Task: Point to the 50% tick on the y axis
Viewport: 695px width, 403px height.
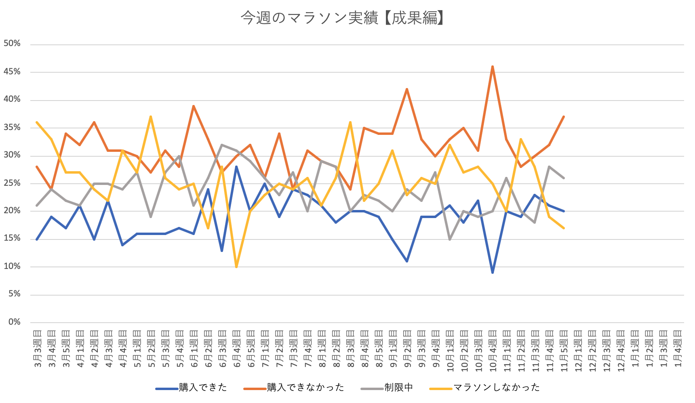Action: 12,44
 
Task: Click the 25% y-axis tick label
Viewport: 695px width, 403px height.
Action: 12,183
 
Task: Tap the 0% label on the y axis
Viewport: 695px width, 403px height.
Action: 15,322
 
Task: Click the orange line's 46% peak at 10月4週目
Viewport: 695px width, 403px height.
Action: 493,67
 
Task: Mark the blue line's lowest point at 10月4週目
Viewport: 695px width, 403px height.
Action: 493,273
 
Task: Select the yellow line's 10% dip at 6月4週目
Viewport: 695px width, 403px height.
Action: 236,267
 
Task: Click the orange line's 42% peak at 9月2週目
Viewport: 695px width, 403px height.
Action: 407,89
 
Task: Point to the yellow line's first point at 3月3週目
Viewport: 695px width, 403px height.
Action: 37,122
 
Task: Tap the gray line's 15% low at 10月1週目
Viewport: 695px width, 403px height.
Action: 450,239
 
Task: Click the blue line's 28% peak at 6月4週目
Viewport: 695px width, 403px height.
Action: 236,167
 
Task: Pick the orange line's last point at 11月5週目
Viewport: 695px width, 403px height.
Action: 564,117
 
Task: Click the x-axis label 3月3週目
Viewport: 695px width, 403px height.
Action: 37,348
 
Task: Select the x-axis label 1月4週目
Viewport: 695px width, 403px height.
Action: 678,348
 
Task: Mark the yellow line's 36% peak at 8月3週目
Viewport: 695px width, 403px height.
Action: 350,122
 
